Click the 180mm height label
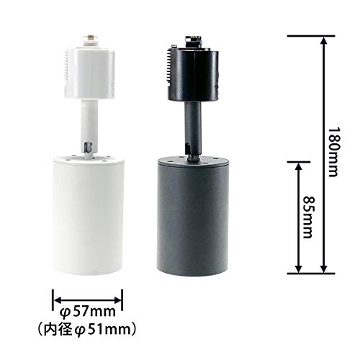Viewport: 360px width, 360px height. [x=334, y=152]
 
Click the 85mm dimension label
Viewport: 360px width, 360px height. [x=309, y=217]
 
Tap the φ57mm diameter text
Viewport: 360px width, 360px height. [x=87, y=312]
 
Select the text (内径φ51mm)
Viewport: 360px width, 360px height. [x=87, y=330]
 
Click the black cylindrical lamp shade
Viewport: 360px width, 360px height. [x=193, y=215]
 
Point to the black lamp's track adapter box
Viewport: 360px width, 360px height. [x=194, y=73]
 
